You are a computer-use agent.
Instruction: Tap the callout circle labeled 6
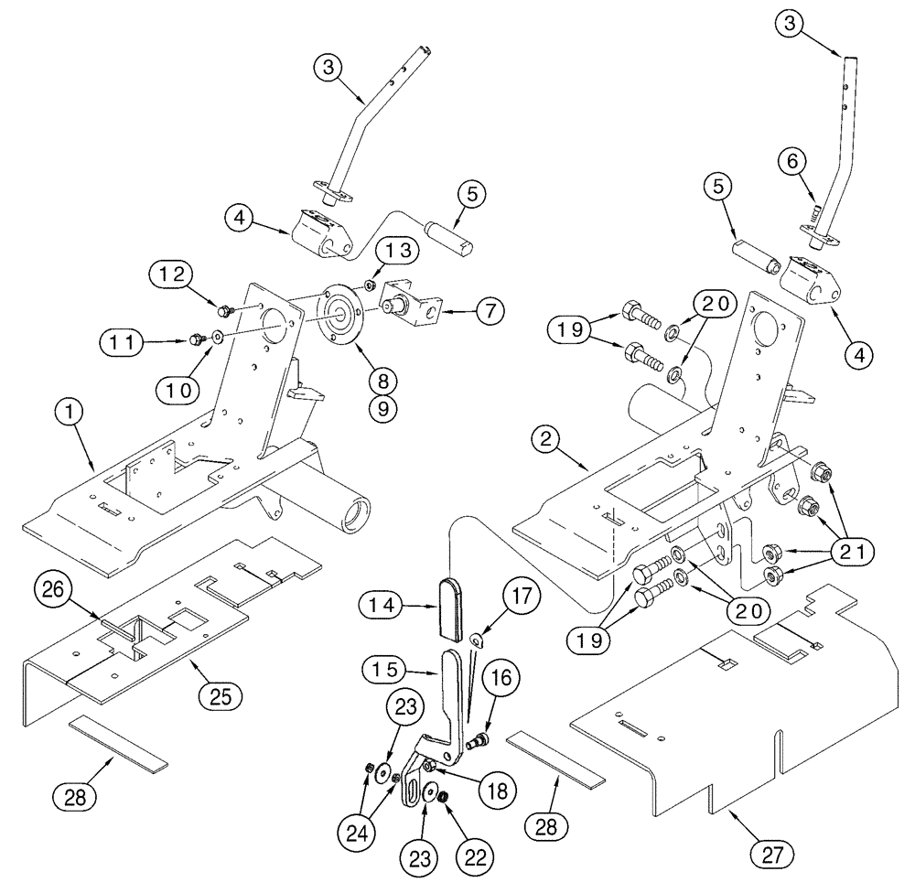coord(791,160)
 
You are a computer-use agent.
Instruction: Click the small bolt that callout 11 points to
coord(196,340)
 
